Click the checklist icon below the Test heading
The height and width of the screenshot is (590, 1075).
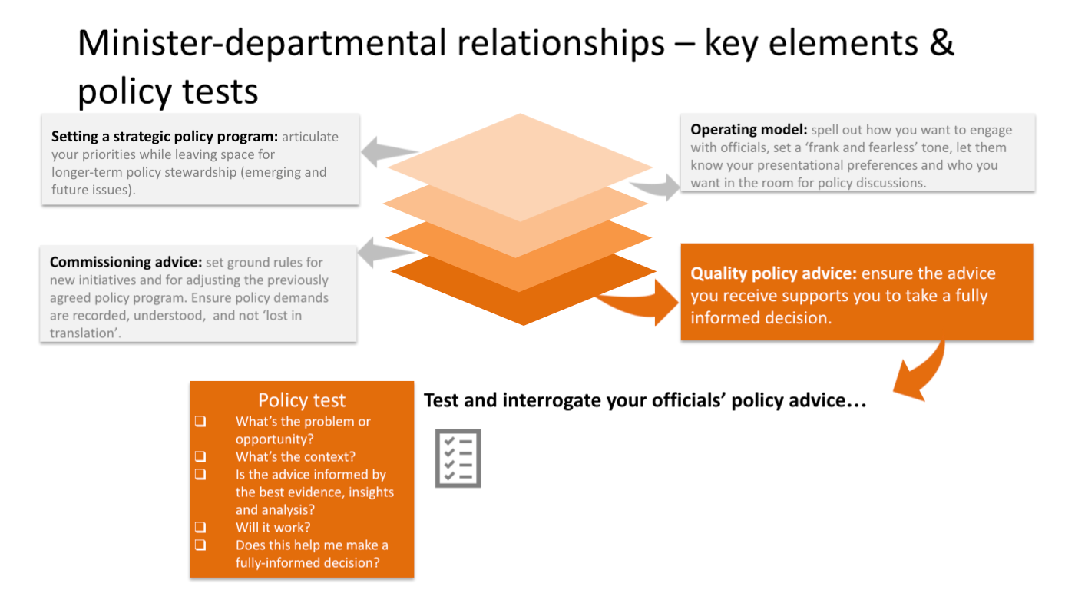tap(458, 459)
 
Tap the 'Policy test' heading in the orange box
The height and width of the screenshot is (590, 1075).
tap(302, 400)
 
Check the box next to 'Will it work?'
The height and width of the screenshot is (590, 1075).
tap(200, 528)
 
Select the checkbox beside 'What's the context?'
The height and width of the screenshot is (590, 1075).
tap(200, 457)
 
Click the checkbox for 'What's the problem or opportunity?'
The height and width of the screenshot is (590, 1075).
tap(200, 422)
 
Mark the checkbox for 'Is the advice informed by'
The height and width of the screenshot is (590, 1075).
tap(200, 475)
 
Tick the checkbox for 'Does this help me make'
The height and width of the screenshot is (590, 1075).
tap(200, 545)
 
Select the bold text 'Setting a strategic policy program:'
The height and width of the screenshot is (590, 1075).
tap(164, 137)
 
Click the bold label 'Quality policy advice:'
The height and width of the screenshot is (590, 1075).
tap(774, 274)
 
